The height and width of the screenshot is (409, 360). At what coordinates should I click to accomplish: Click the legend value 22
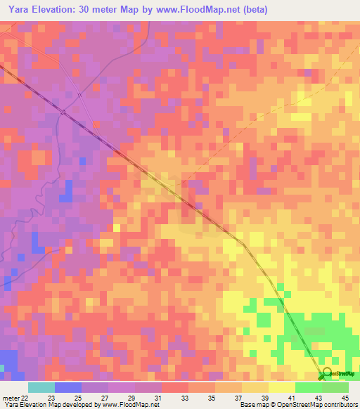(25, 398)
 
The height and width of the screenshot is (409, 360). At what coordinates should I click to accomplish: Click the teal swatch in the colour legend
(41, 387)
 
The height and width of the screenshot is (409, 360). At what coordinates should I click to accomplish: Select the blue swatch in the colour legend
(67, 387)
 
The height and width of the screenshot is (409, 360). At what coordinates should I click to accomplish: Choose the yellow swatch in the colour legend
(282, 387)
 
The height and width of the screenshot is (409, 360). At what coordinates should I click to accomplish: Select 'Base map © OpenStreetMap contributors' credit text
(298, 405)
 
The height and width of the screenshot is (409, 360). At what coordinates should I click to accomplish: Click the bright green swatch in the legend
(309, 387)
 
